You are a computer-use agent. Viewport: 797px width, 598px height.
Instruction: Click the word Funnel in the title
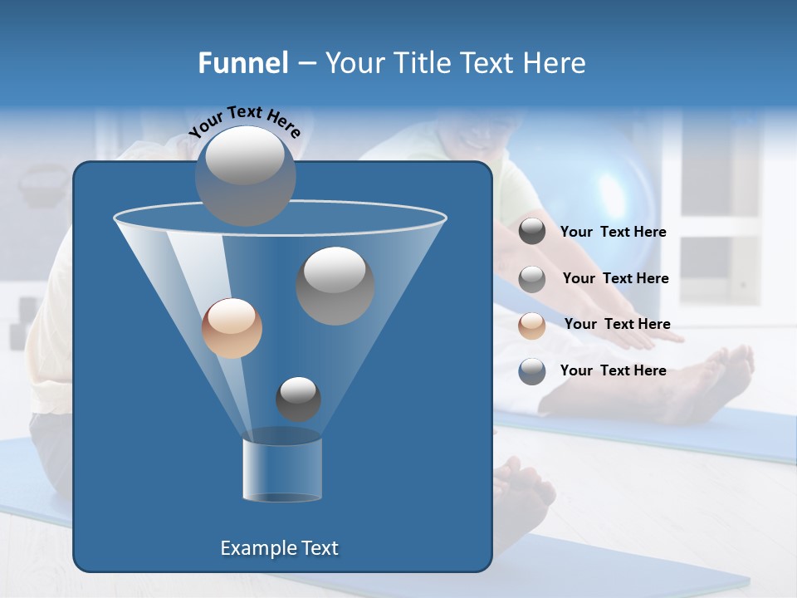(x=242, y=62)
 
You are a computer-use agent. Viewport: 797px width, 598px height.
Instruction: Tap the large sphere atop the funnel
(x=245, y=175)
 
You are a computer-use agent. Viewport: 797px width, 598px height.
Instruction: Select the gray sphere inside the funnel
(x=335, y=285)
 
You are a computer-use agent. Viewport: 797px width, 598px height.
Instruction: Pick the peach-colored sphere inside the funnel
(x=232, y=328)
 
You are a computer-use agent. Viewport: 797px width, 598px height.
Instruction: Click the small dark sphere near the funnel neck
(x=298, y=399)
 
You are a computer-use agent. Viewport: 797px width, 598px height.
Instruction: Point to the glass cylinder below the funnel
(x=281, y=469)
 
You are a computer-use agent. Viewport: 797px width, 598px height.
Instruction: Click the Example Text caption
(x=279, y=548)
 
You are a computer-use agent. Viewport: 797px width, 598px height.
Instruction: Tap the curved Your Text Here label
(x=245, y=121)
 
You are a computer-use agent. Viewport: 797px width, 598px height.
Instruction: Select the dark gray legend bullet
(x=532, y=232)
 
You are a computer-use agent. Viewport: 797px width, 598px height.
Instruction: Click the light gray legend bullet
(x=532, y=278)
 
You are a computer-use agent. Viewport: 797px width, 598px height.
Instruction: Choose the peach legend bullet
(x=532, y=325)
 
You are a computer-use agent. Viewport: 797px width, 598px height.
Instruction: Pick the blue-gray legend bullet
(x=532, y=371)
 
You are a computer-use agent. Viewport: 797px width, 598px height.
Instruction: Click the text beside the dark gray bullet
(x=613, y=233)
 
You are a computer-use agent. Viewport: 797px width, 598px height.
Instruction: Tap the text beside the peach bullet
(x=617, y=324)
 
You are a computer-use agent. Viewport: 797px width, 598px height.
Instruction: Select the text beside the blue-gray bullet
(x=613, y=370)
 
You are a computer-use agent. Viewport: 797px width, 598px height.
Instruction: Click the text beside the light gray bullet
(x=615, y=278)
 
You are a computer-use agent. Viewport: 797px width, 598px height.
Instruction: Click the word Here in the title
(x=555, y=62)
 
